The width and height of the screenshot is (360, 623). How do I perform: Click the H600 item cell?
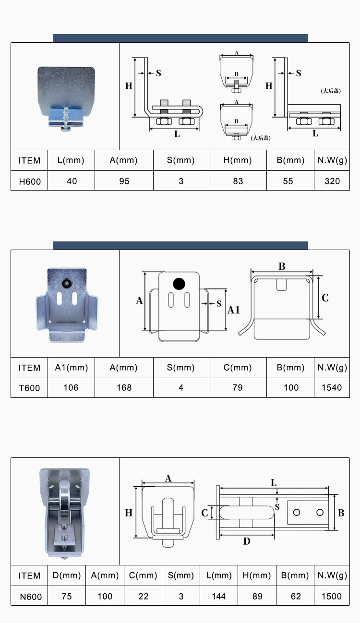(x=30, y=181)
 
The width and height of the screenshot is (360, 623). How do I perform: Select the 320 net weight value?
(x=332, y=181)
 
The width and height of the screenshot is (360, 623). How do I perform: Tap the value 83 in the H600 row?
(x=238, y=181)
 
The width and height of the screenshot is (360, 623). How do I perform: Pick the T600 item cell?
(x=29, y=388)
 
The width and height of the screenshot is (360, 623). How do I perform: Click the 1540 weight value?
(x=332, y=388)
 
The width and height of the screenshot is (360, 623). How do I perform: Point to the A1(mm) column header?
(x=71, y=368)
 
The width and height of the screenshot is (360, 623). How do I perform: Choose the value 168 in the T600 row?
(x=124, y=388)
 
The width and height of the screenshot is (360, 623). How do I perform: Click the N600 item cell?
(x=31, y=597)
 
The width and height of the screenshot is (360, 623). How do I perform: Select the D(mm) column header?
(x=67, y=575)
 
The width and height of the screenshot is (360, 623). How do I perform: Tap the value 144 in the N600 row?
(x=219, y=596)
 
